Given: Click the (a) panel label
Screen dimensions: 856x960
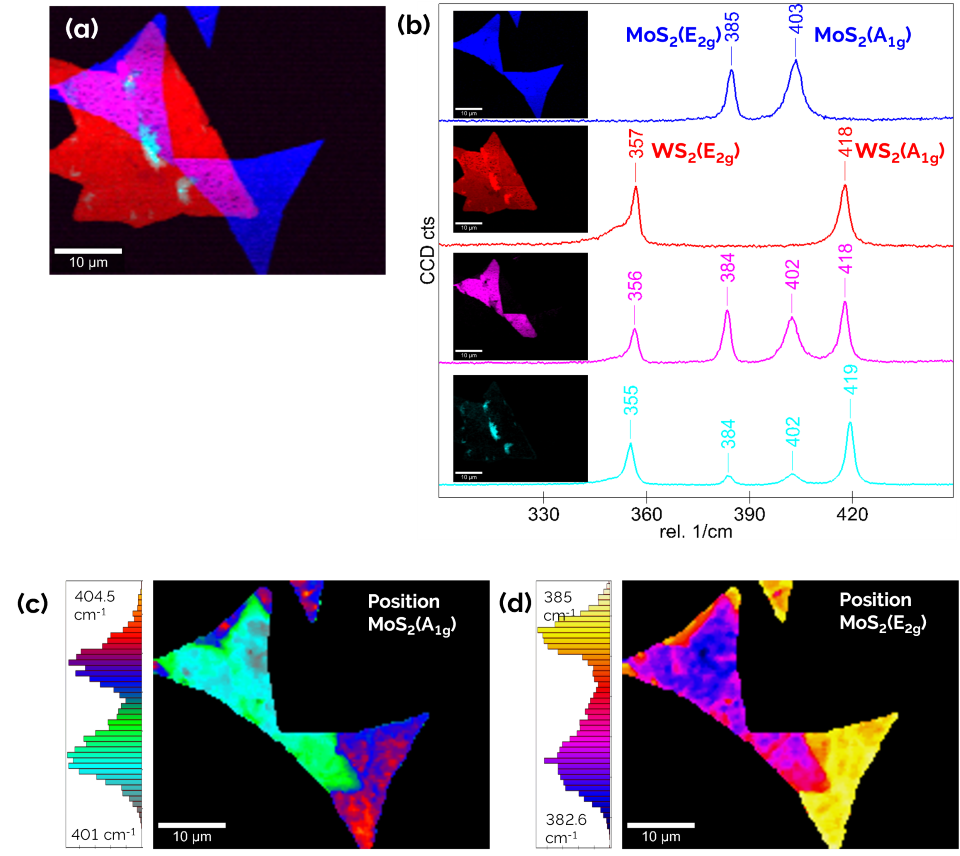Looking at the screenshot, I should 82,29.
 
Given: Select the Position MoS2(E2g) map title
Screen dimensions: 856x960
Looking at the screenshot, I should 875,609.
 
